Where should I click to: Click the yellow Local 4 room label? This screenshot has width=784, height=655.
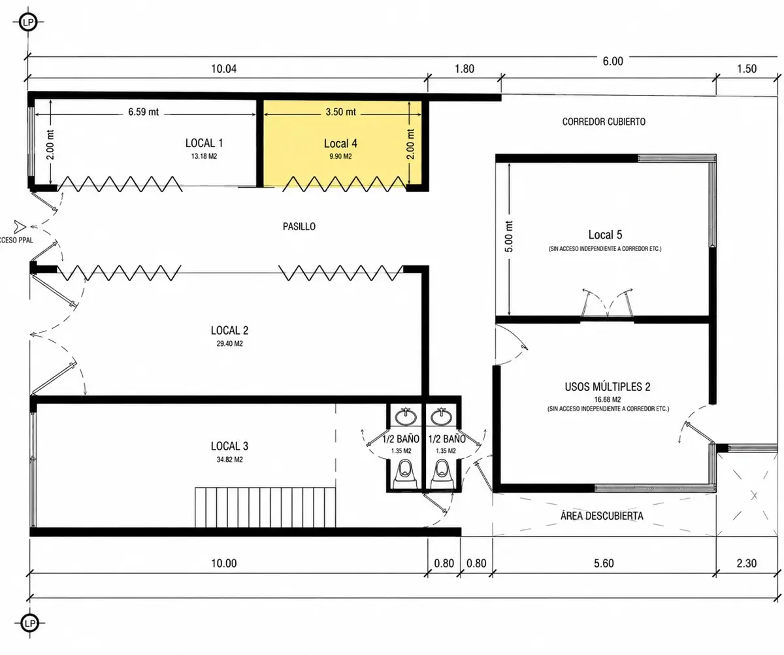(340, 144)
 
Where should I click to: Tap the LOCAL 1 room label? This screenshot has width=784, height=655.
(204, 143)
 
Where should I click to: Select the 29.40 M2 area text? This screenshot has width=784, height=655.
(229, 343)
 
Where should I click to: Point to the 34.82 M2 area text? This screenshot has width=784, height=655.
(229, 459)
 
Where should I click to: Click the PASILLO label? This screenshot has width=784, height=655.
(299, 227)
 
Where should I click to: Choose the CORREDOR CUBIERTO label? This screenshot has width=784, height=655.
(604, 122)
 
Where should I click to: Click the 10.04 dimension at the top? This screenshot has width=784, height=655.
(224, 69)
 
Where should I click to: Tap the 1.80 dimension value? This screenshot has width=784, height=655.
(465, 69)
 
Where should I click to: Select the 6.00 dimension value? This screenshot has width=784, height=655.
(613, 61)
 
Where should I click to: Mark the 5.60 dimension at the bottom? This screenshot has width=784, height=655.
(604, 563)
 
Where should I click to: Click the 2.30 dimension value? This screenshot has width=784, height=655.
(747, 563)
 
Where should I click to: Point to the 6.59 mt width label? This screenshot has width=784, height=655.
(144, 112)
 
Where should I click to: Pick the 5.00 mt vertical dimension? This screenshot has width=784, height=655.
(508, 237)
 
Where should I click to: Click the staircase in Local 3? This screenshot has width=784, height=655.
(265, 507)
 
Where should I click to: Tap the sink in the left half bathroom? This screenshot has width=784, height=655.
(406, 416)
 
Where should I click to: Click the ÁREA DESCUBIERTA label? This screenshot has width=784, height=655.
(602, 516)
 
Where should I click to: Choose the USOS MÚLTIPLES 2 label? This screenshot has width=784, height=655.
(608, 387)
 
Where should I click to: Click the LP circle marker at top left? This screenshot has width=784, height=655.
(28, 22)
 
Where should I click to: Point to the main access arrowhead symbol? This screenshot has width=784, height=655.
(20, 227)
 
